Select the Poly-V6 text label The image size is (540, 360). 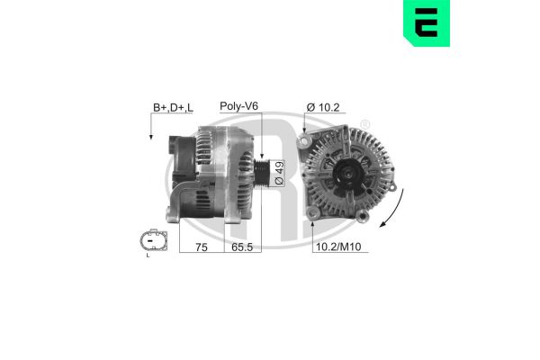coord(238,106)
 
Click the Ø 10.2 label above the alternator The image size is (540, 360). coord(322,108)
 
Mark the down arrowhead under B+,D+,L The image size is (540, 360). coord(150,137)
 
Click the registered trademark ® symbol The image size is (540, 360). coord(364,122)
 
